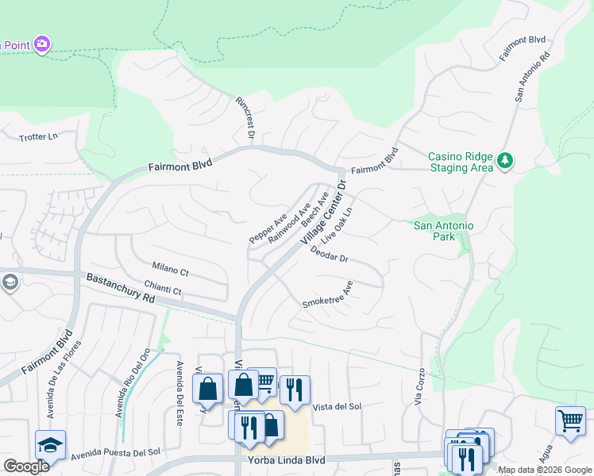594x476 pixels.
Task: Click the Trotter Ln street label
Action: click(x=39, y=137)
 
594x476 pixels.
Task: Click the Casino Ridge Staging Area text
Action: click(x=461, y=162)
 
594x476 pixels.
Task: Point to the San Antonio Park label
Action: click(x=444, y=232)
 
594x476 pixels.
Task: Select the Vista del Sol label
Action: click(x=337, y=407)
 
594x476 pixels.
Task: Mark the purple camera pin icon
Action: click(x=42, y=43)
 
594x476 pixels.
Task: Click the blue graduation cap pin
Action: click(x=50, y=444)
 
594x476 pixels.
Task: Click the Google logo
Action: click(x=26, y=466)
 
